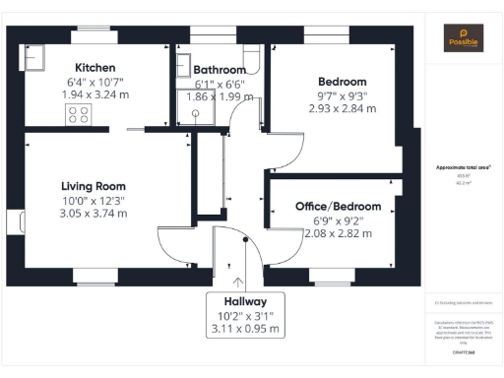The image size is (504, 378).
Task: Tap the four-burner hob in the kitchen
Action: (x=78, y=114)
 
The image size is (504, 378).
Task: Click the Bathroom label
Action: (x=220, y=71)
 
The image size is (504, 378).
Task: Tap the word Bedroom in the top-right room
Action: (x=342, y=81)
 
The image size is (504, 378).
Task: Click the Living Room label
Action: (x=93, y=186)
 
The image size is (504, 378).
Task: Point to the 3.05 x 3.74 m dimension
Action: (x=93, y=213)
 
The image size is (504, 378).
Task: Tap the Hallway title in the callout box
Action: (x=245, y=299)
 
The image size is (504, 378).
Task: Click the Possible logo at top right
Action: (x=464, y=36)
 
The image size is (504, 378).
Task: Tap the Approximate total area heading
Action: (x=464, y=167)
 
